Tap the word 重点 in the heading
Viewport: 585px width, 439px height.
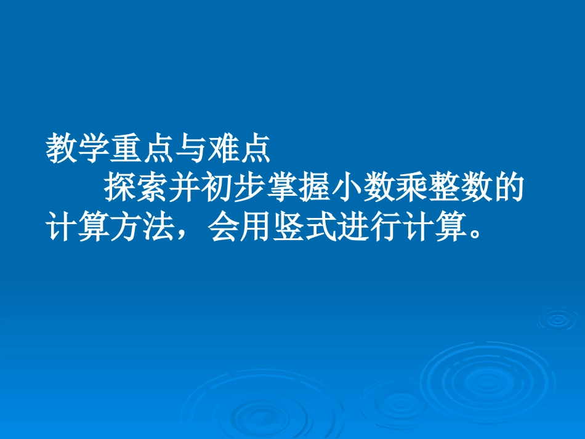pos(142,150)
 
